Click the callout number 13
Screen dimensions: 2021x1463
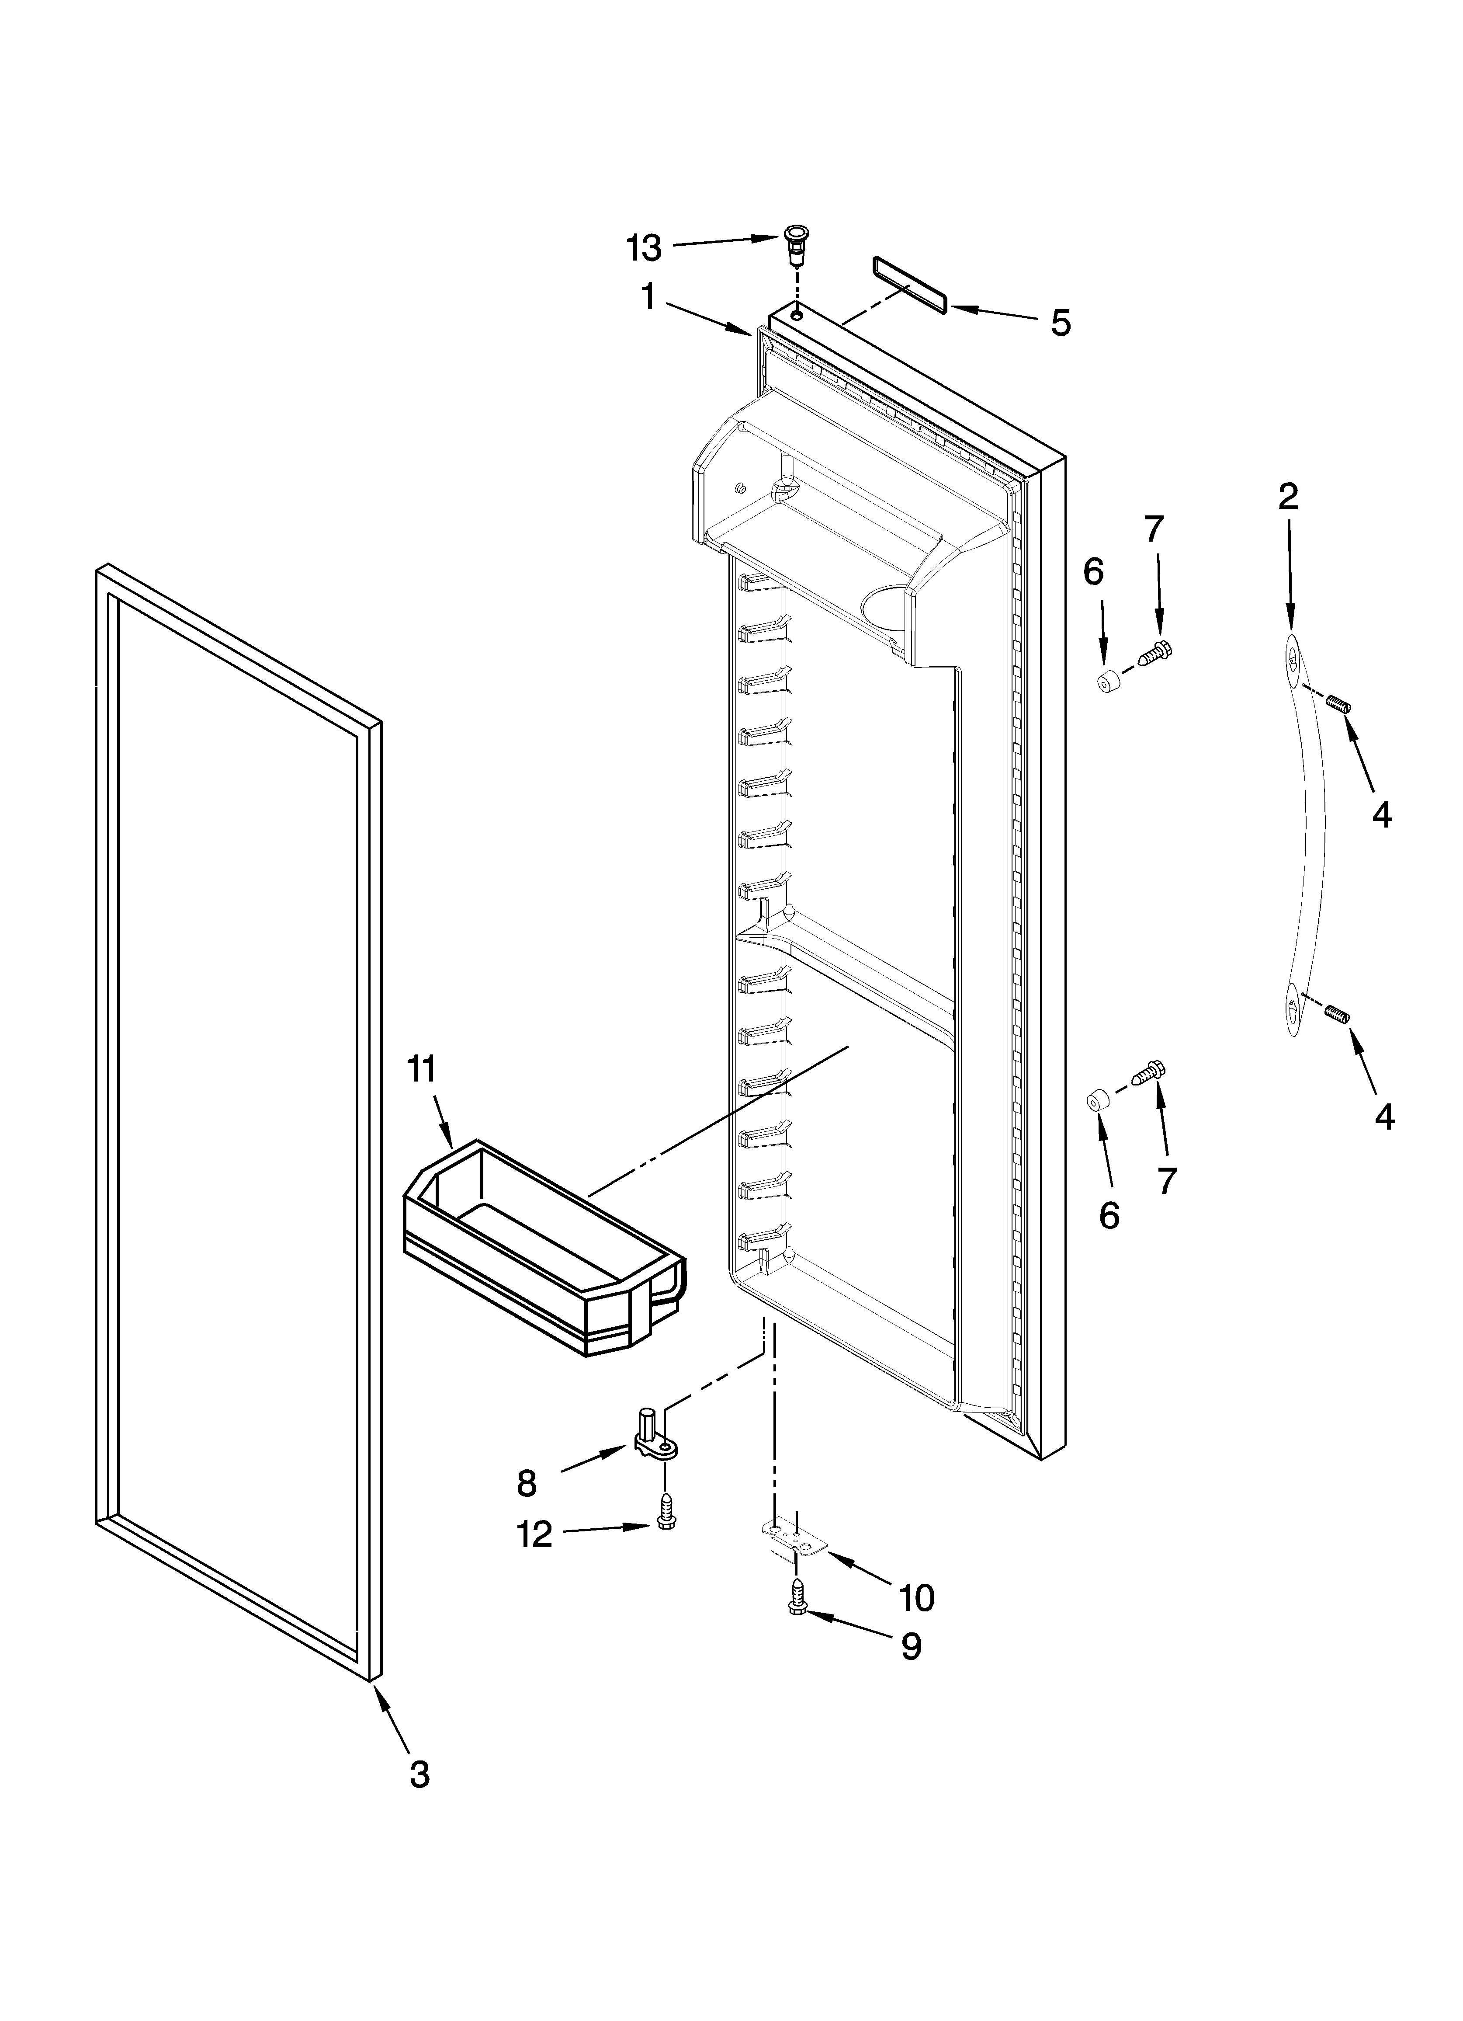tap(644, 249)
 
